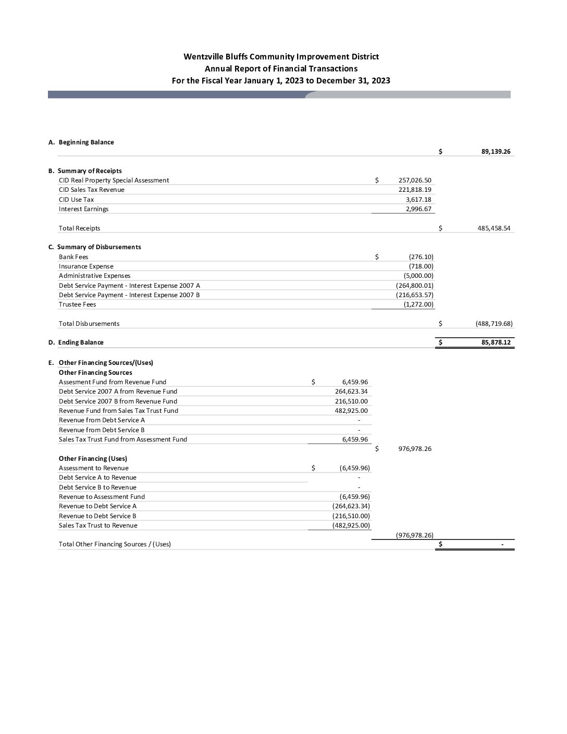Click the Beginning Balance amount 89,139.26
pyautogui.click(x=496, y=152)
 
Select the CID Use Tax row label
pyautogui.click(x=76, y=200)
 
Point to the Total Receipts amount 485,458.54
pyautogui.click(x=494, y=228)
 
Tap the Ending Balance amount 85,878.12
pyautogui.click(x=496, y=342)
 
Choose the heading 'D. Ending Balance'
pyautogui.click(x=76, y=342)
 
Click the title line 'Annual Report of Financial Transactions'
pyautogui.click(x=281, y=68)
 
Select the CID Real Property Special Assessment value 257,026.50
pyautogui.click(x=415, y=180)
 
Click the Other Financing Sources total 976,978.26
pyautogui.click(x=414, y=449)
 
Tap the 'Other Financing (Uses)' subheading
pyautogui.click(x=93, y=459)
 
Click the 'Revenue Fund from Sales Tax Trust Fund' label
pyautogui.click(x=118, y=411)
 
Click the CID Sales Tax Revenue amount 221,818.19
pyautogui.click(x=415, y=190)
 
